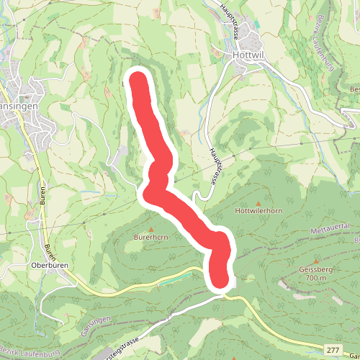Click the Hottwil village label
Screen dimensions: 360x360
click(x=250, y=54)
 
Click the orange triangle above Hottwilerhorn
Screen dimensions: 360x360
click(x=258, y=202)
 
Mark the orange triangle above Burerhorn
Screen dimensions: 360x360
click(x=151, y=228)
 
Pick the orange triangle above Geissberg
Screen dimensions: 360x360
click(x=316, y=260)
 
